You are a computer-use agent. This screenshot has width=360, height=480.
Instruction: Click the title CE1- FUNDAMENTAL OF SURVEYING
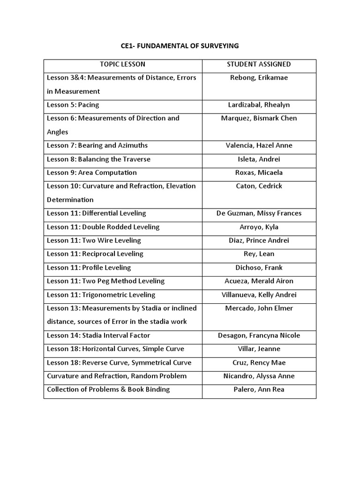click(180, 45)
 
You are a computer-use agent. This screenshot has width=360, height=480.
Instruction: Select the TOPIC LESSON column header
click(123, 64)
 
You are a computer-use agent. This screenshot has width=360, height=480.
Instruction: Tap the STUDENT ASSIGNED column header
click(259, 64)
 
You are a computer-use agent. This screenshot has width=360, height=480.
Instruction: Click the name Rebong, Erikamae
click(259, 78)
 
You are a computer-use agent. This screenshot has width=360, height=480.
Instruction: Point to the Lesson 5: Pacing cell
click(73, 105)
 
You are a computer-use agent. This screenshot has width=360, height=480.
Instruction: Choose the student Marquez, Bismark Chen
click(259, 118)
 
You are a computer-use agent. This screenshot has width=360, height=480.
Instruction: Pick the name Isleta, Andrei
click(259, 159)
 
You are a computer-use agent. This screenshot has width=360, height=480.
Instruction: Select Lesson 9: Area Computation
click(92, 172)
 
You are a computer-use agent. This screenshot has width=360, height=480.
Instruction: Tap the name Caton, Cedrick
click(259, 186)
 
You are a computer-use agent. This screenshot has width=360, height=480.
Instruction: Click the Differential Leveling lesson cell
click(97, 213)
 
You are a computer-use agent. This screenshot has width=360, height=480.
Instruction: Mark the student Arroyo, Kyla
click(259, 227)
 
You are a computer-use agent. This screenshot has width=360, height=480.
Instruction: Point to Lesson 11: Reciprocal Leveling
click(95, 254)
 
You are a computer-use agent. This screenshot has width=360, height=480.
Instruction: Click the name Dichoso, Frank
click(259, 268)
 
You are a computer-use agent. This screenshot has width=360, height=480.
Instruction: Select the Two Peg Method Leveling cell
click(105, 281)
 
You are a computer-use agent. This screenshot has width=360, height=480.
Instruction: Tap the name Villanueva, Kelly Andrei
click(259, 295)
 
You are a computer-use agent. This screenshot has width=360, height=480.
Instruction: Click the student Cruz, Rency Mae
click(259, 363)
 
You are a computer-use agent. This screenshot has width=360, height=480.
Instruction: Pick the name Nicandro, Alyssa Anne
click(259, 376)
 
